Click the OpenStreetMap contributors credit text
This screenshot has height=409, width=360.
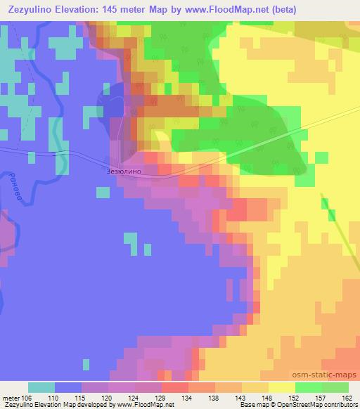tap(314, 405)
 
